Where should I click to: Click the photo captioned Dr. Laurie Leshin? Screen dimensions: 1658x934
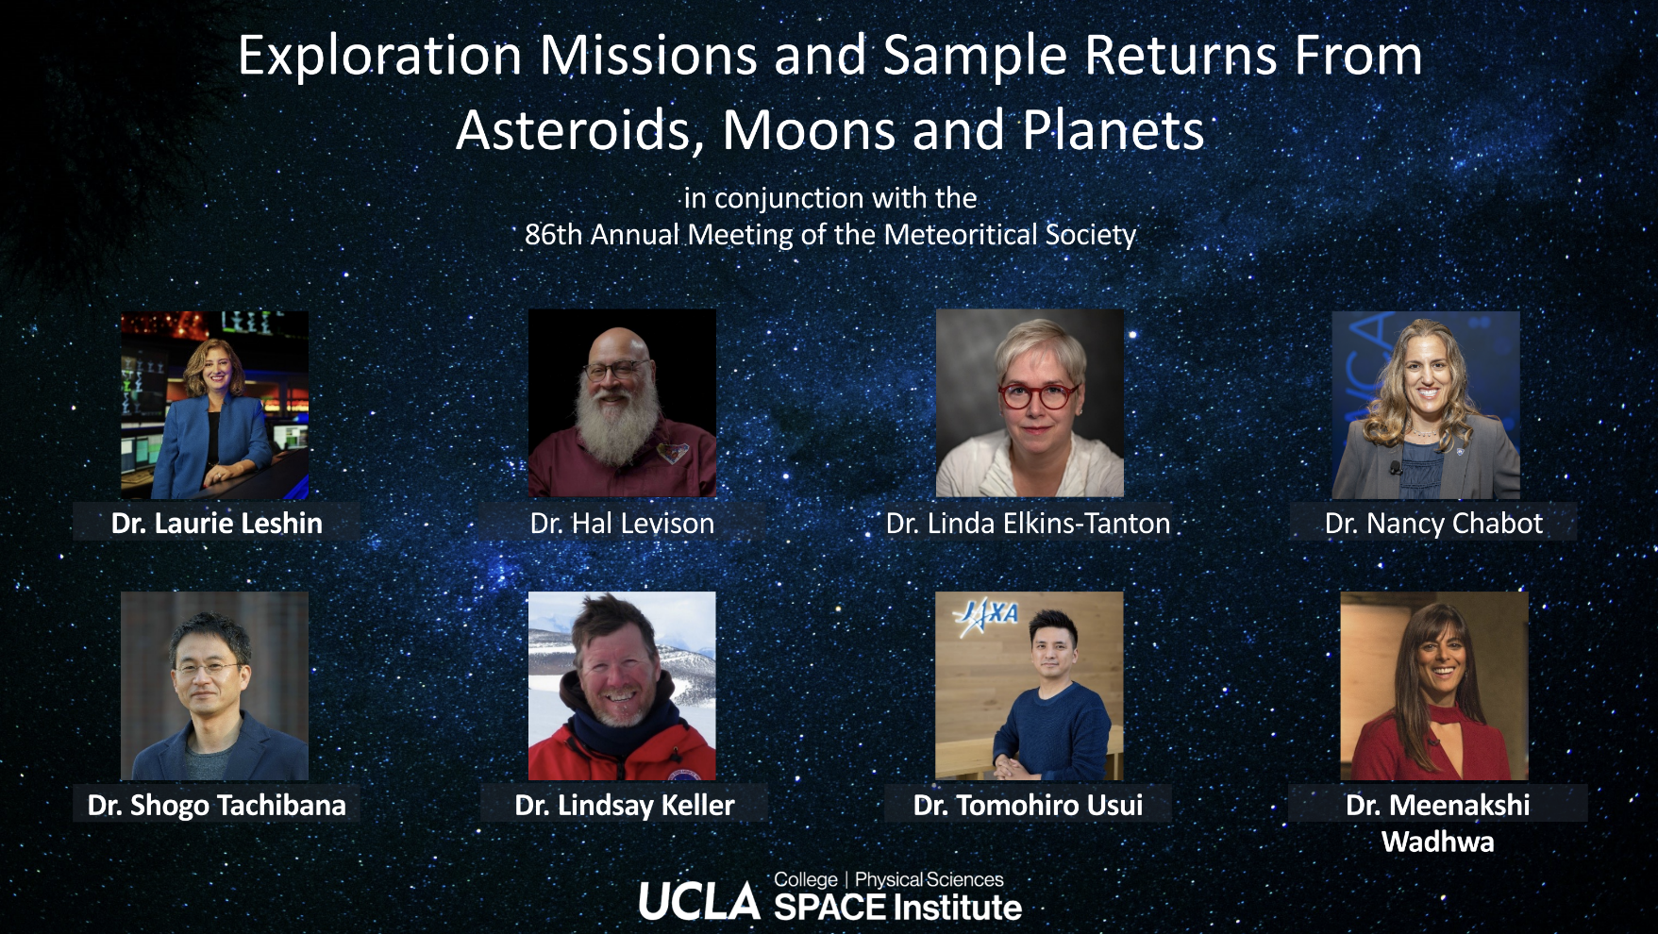click(214, 405)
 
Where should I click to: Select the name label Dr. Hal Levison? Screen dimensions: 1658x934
click(622, 523)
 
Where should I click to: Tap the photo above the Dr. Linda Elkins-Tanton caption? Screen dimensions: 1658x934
click(1030, 403)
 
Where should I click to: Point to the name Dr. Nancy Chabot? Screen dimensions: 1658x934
click(1433, 523)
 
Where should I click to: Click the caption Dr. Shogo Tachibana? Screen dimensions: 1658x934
click(216, 805)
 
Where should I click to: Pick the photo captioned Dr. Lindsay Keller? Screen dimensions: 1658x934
click(622, 686)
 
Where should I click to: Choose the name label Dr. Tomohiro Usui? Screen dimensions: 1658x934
click(1028, 805)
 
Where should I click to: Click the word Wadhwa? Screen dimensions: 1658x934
click(1437, 842)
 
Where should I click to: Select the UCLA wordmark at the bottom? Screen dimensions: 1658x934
click(699, 901)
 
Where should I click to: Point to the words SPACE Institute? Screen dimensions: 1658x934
click(897, 908)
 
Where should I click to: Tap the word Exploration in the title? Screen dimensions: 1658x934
click(379, 57)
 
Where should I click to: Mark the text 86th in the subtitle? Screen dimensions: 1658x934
click(554, 234)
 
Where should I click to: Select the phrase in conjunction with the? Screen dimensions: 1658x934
click(830, 198)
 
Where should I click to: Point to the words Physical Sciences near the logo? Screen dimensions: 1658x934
click(929, 879)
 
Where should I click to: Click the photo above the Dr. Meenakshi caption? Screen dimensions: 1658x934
click(1434, 686)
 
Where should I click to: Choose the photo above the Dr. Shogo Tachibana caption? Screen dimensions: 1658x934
click(214, 686)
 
